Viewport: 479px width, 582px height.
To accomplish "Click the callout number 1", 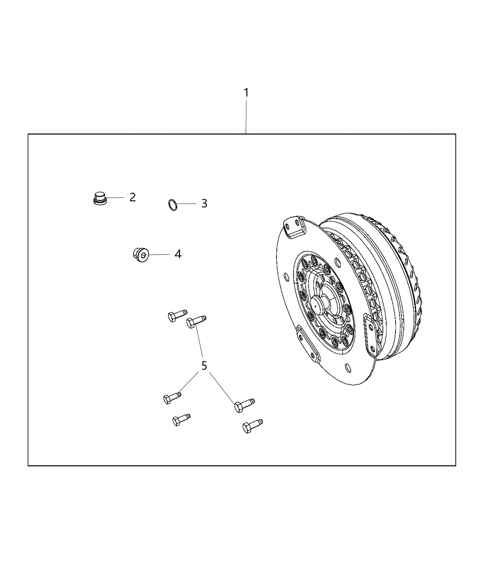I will (246, 93).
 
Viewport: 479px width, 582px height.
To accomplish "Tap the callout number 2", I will (132, 197).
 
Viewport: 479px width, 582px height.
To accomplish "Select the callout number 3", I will (204, 204).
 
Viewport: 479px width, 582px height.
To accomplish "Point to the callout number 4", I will (178, 254).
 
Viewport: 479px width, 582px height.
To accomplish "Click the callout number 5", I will (204, 365).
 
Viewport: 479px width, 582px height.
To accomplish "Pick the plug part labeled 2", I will (99, 199).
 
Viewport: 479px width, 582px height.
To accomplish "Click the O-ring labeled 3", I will (172, 205).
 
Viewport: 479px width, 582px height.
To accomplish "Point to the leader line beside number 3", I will (187, 204).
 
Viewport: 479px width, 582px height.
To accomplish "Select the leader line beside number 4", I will (159, 254).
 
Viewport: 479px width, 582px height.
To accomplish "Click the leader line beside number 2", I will (115, 197).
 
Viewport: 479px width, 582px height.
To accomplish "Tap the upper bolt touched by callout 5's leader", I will (196, 321).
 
